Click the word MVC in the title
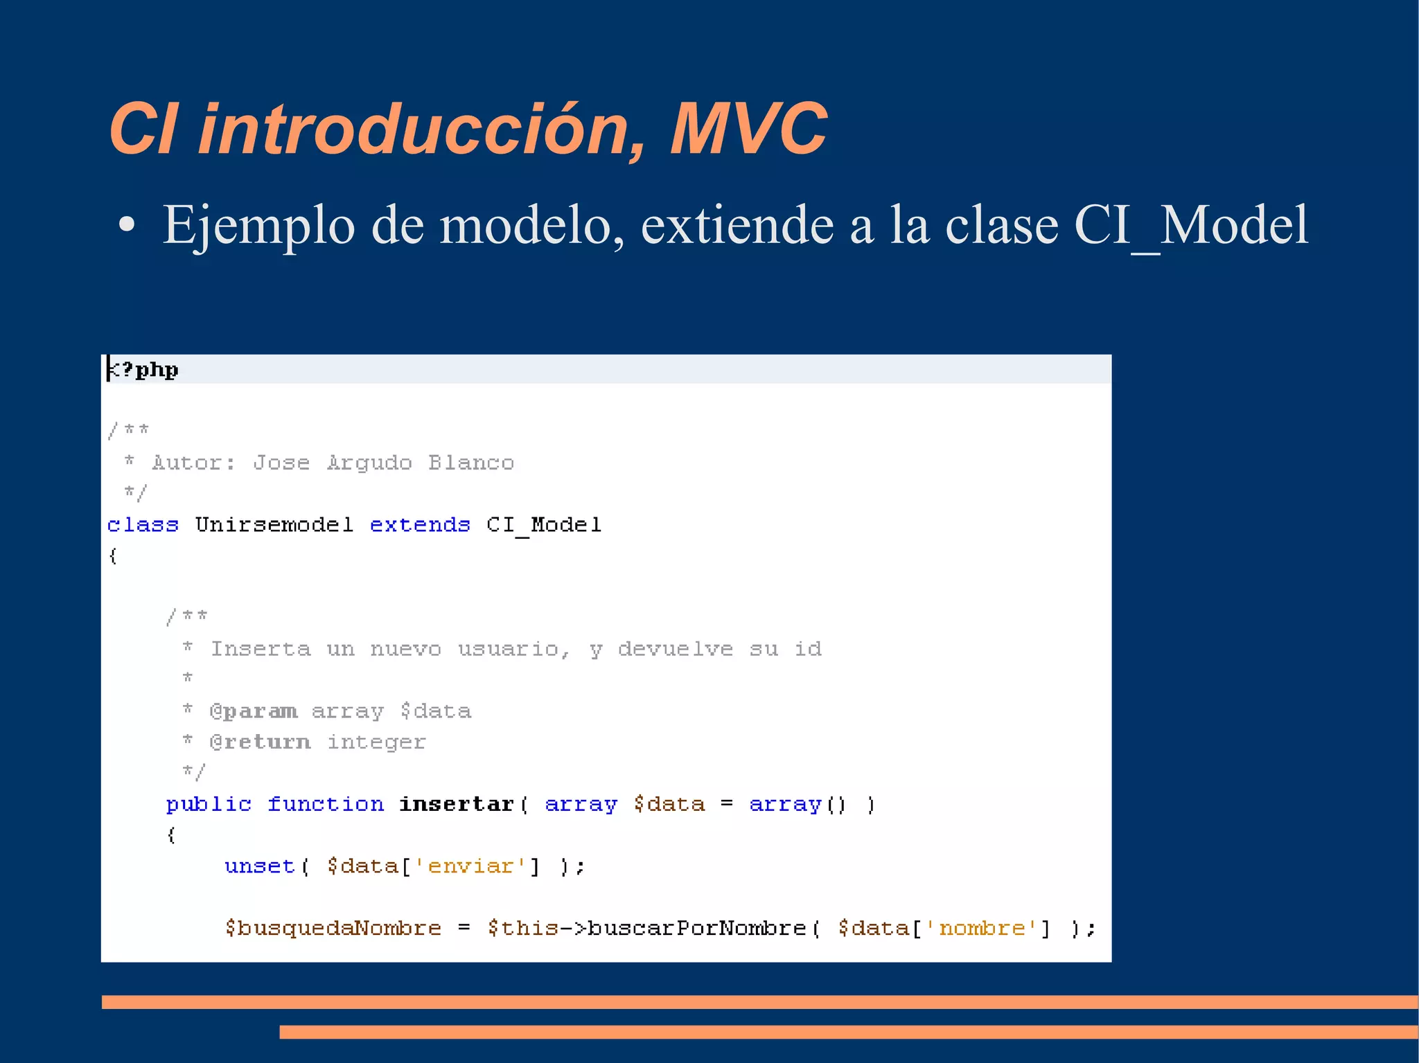[748, 129]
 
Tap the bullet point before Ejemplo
[126, 225]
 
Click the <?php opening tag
[143, 370]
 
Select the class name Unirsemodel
[274, 525]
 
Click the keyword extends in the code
[420, 525]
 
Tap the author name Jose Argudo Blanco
[383, 463]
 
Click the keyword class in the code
[143, 525]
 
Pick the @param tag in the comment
[254, 711]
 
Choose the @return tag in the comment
[260, 742]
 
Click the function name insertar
[457, 804]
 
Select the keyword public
[209, 804]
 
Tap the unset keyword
[260, 866]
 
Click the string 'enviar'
[470, 866]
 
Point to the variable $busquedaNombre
[333, 928]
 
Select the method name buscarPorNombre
[697, 928]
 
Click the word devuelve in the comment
[675, 649]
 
